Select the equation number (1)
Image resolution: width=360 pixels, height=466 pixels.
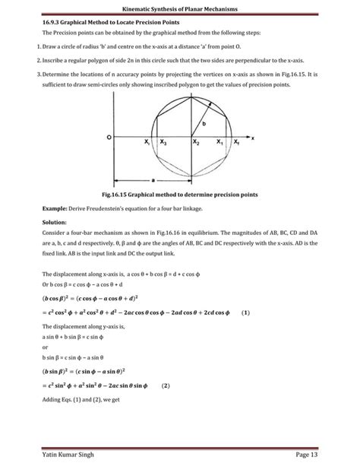(245, 312)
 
